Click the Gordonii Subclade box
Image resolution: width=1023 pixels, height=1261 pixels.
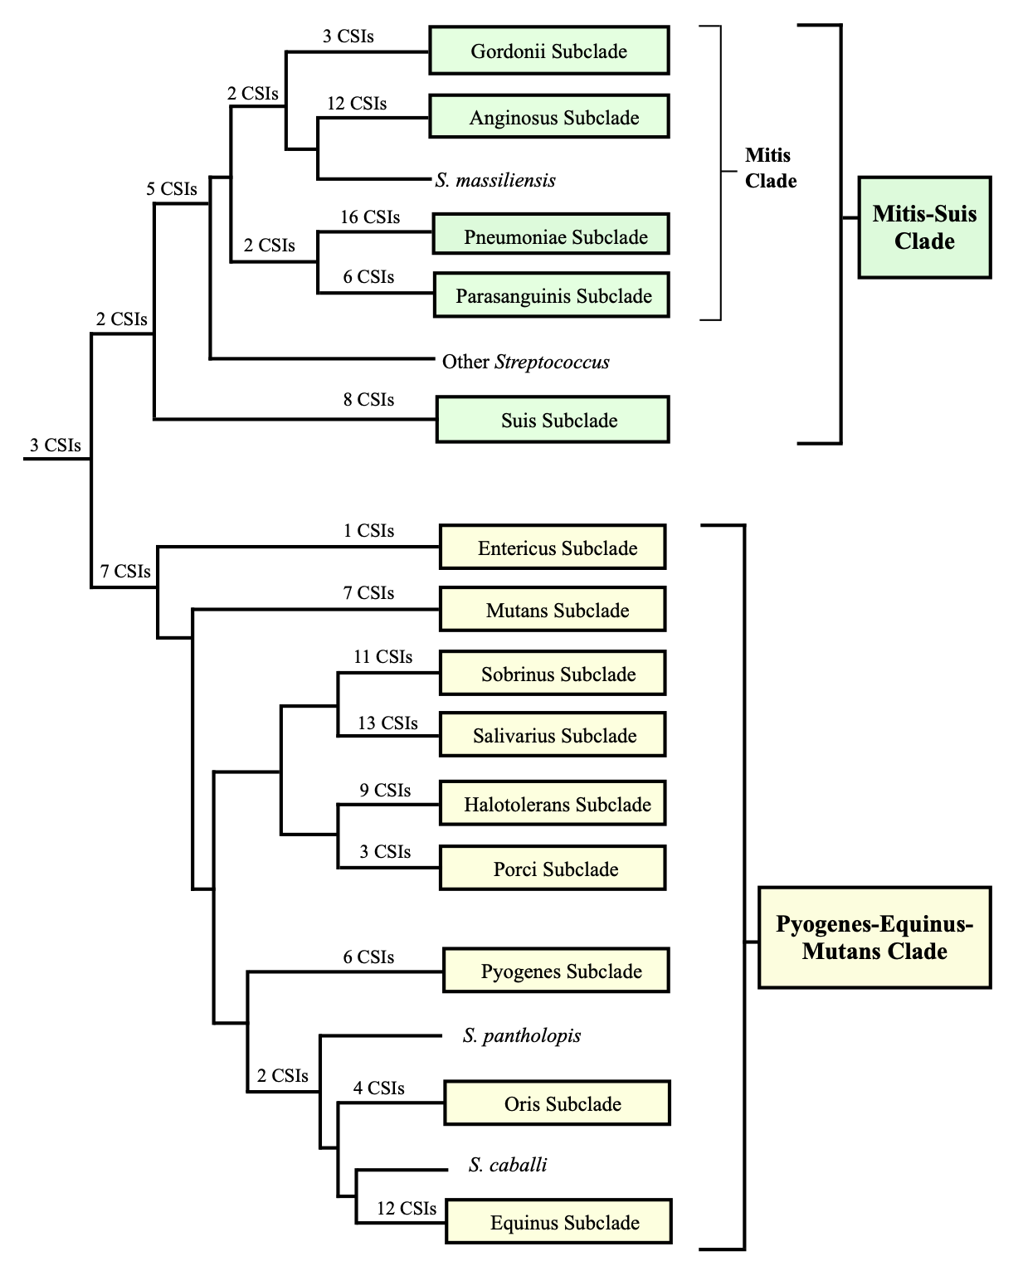[x=548, y=51]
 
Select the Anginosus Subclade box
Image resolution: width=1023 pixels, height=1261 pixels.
[x=548, y=116]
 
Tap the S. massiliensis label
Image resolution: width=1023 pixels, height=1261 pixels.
[x=495, y=180]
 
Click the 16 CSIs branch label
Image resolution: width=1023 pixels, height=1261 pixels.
[x=370, y=217]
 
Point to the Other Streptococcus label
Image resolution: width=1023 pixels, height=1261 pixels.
[x=525, y=362]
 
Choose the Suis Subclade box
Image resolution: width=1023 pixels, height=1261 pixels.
[x=553, y=420]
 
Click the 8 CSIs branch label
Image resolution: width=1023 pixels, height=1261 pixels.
[x=368, y=400]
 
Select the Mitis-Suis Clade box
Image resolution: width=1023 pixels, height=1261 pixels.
[x=924, y=227]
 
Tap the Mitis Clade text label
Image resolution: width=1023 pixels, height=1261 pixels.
[x=770, y=168]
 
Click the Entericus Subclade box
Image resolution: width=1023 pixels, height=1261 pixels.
[x=553, y=547]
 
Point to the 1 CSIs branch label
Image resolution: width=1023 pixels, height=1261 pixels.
[x=368, y=531]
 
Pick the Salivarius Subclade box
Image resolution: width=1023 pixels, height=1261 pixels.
[x=553, y=734]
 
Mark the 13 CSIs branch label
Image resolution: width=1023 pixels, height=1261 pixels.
[x=387, y=723]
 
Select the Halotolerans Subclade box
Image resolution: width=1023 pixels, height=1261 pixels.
[x=553, y=803]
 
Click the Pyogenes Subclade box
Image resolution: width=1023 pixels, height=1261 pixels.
[x=556, y=971]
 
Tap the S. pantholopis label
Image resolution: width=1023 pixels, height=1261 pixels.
[x=522, y=1035]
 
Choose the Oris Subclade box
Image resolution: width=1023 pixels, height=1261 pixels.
[x=557, y=1103]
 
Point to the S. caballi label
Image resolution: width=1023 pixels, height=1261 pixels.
[x=508, y=1165]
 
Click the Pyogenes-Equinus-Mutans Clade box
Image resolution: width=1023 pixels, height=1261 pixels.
[x=874, y=937]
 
